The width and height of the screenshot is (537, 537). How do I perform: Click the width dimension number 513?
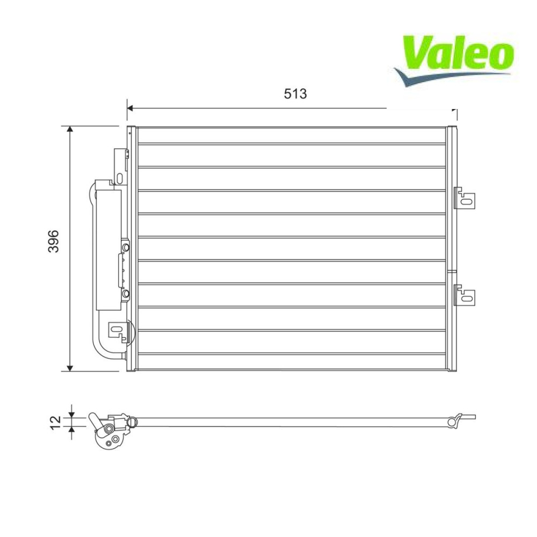point(295,93)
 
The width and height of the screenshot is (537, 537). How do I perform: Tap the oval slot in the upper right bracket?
point(467,201)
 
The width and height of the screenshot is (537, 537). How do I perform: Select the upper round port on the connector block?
point(126,247)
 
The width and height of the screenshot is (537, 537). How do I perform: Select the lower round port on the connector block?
point(126,294)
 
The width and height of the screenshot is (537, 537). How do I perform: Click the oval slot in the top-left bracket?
point(120,178)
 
